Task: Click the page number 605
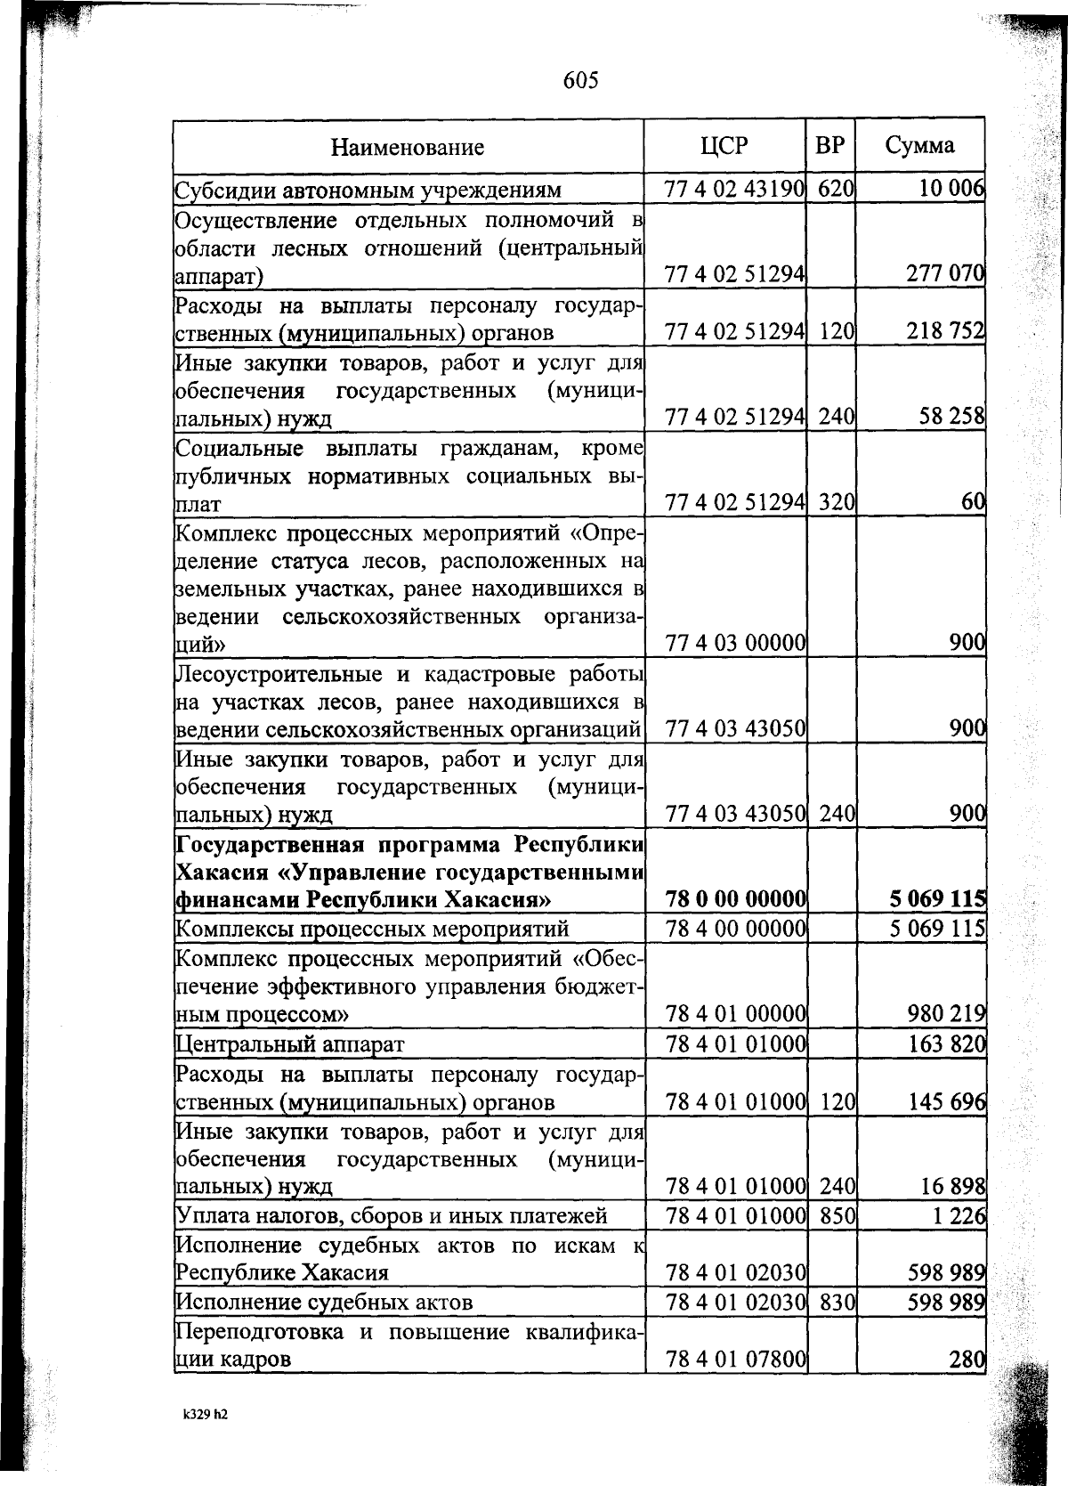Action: (580, 81)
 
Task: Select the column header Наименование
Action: (408, 147)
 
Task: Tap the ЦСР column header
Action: (724, 145)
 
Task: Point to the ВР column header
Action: (829, 145)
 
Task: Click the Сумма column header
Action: (920, 145)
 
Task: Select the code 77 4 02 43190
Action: (734, 189)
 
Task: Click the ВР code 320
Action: (837, 502)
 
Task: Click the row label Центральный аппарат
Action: (290, 1043)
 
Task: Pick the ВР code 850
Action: (837, 1215)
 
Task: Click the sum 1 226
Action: (958, 1215)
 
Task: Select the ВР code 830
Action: (837, 1303)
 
